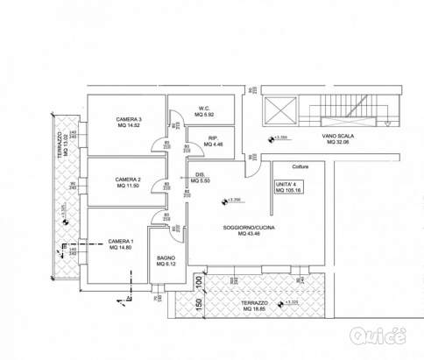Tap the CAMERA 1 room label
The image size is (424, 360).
click(121, 243)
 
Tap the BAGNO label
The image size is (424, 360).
click(166, 259)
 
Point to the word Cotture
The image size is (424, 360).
click(289, 164)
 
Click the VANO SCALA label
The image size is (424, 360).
click(339, 137)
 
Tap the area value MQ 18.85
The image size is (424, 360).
click(256, 309)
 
